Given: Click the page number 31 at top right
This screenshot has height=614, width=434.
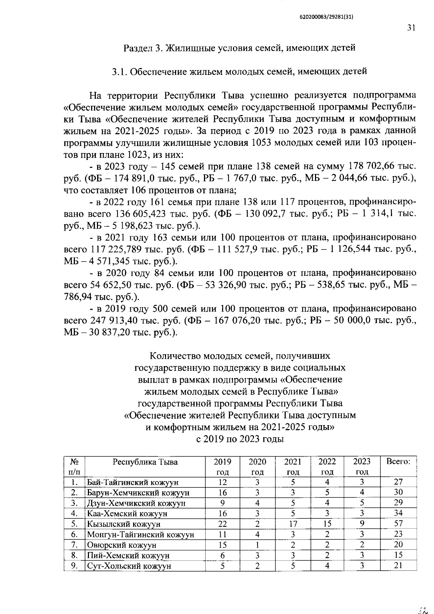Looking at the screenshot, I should [411, 28].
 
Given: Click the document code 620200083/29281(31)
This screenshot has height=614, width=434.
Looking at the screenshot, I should [326, 17].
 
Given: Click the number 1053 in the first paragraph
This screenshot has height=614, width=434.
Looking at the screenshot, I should [259, 143].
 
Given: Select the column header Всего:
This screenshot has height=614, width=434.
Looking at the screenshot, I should [398, 462].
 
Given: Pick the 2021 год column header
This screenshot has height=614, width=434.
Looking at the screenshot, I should [293, 466].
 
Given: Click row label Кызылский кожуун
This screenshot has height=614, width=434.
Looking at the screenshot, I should [123, 524].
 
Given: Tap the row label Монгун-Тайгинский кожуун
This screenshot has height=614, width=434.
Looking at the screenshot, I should [140, 534].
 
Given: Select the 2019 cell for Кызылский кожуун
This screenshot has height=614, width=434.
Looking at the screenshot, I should [222, 524].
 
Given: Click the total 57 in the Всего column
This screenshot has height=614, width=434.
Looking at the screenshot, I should [398, 523].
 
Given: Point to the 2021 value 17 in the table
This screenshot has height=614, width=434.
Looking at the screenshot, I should [293, 524].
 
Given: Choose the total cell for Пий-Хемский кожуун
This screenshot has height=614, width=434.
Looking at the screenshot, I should [398, 555].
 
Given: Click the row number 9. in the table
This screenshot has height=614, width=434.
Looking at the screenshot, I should [75, 566].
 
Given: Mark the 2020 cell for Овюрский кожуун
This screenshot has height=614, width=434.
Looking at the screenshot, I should [257, 545].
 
